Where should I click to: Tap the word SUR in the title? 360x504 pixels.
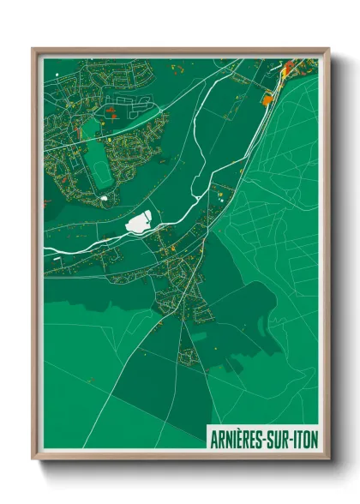click(x=282, y=436)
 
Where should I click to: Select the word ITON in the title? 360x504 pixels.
click(x=306, y=436)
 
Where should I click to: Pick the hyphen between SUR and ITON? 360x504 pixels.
click(x=294, y=437)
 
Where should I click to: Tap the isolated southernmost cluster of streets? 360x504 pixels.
click(x=188, y=351)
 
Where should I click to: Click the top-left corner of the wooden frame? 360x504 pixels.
click(x=33, y=49)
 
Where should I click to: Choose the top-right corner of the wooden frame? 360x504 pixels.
click(x=328, y=49)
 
